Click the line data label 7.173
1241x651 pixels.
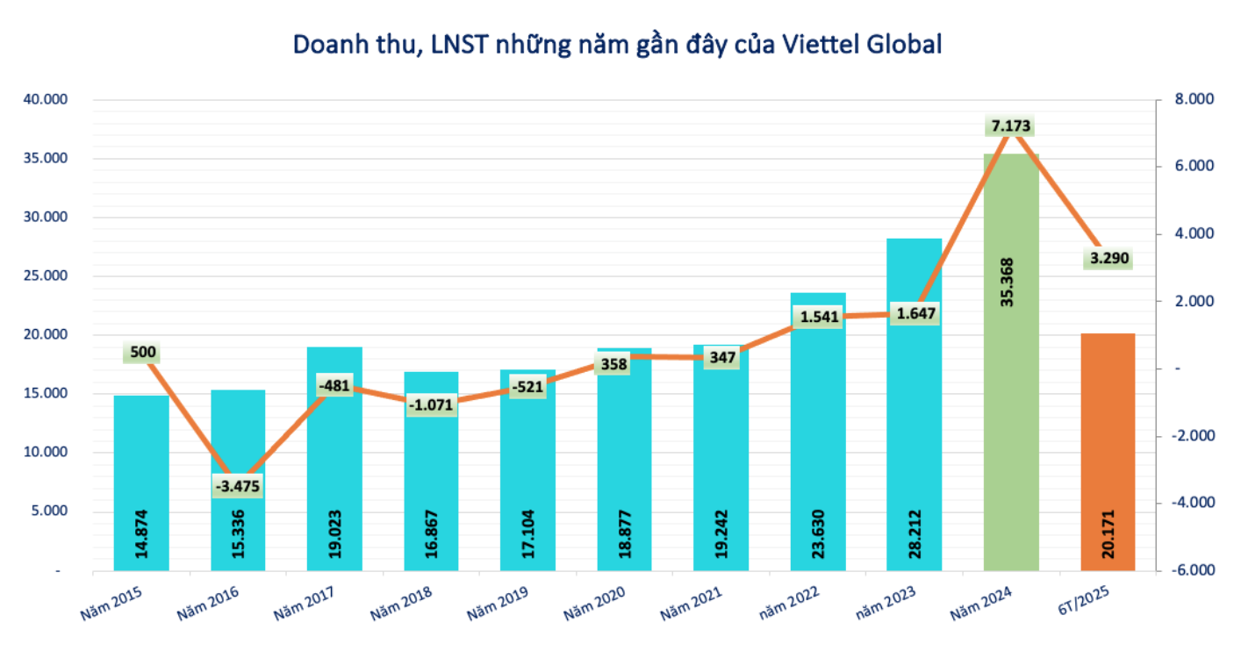1011,125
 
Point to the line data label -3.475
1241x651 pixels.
239,486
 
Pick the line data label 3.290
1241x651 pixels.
1108,259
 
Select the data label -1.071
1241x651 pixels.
431,405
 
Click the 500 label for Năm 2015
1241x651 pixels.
142,353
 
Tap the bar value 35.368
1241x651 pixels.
1011,282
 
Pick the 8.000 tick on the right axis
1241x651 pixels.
1191,100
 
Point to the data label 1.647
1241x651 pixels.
915,313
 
